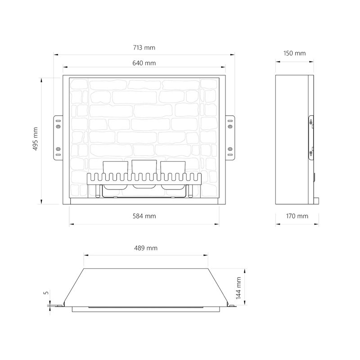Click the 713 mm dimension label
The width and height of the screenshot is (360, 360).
click(x=144, y=48)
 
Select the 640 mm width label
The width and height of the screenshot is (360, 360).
click(x=144, y=63)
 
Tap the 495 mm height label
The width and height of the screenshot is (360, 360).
click(x=36, y=139)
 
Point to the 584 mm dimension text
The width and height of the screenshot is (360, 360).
click(x=144, y=216)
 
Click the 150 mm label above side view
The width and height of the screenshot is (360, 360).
click(x=295, y=53)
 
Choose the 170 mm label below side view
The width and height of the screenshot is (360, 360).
click(x=297, y=216)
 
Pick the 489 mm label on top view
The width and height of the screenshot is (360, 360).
click(x=146, y=248)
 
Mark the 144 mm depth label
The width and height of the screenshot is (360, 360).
click(x=238, y=288)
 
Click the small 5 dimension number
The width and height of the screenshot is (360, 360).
click(x=46, y=293)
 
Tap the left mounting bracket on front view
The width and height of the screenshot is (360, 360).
click(x=58, y=138)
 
